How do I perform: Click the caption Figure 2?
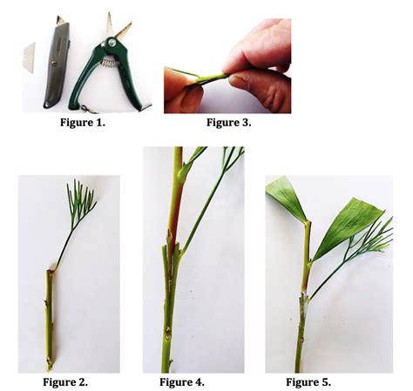pyautogui.click(x=65, y=381)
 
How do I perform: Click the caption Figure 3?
pyautogui.click(x=228, y=123)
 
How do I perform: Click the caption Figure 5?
pyautogui.click(x=308, y=381)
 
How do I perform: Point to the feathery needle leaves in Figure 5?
pyautogui.click(x=371, y=239)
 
